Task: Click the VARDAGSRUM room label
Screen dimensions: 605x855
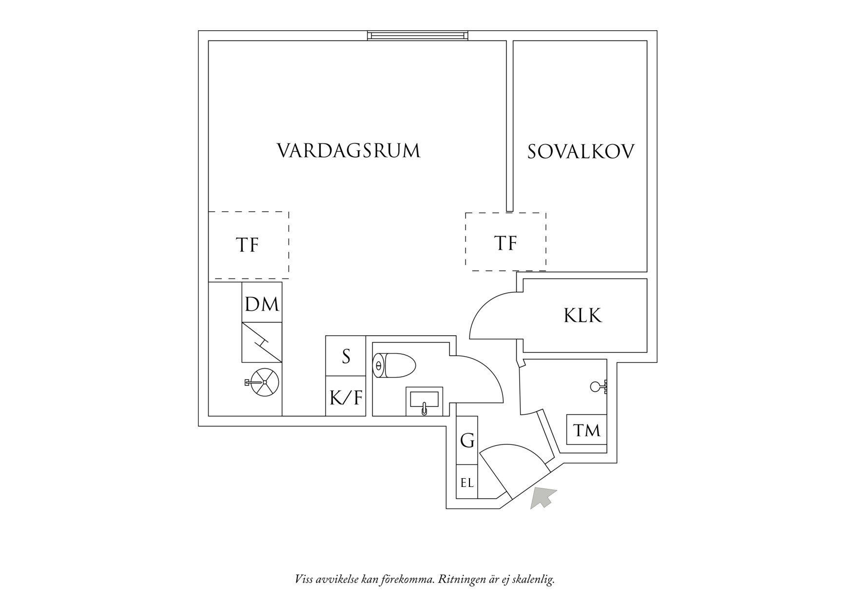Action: pos(349,151)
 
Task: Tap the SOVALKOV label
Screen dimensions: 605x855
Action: pos(581,152)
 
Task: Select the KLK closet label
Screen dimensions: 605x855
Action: pos(583,316)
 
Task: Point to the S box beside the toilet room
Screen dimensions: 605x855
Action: pos(346,356)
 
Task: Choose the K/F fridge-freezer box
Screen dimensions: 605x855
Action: pos(346,397)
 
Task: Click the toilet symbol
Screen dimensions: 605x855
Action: pos(394,365)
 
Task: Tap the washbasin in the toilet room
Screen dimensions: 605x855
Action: pos(424,402)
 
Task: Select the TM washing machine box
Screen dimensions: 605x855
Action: pos(586,430)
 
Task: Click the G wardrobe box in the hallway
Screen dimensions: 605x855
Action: pos(467,441)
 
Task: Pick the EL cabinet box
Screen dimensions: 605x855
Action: pos(467,483)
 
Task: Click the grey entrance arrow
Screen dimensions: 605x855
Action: pos(543,498)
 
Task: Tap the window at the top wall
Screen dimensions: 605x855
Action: pos(418,35)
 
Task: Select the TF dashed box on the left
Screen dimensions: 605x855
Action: pos(248,245)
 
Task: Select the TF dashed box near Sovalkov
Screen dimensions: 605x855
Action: pos(505,242)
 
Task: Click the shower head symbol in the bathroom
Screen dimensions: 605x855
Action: pos(597,387)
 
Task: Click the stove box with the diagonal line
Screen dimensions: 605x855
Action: pos(262,342)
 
